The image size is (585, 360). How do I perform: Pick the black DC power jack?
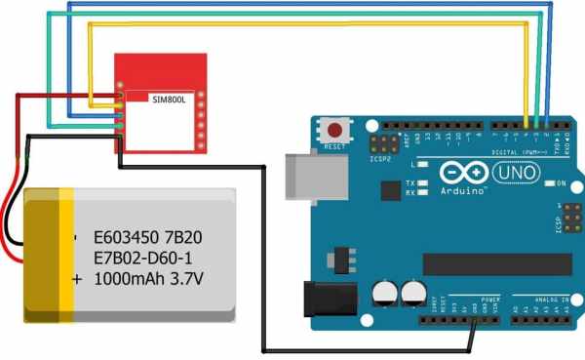pyautogui.click(x=328, y=299)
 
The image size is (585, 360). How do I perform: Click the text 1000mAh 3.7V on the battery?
pyautogui.click(x=147, y=278)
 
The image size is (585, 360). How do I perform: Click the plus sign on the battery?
pyautogui.click(x=78, y=278)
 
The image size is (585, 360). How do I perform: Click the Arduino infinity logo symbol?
pyautogui.click(x=462, y=171)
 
